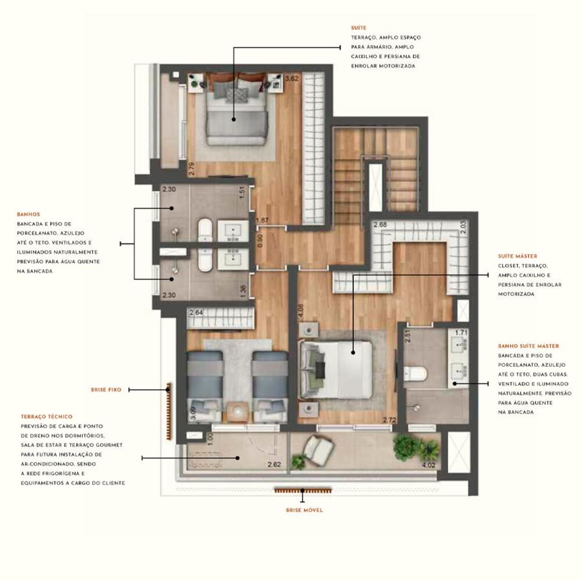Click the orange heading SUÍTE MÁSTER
point(517,256)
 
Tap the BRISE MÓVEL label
point(304,510)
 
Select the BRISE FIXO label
point(106,390)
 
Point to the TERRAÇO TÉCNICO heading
point(46,417)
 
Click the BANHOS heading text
point(29,214)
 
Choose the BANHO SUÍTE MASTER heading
point(528,346)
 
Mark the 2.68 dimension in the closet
point(381,224)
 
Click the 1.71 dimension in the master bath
point(461,333)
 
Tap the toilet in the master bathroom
point(417,372)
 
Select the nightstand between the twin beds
point(238,411)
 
